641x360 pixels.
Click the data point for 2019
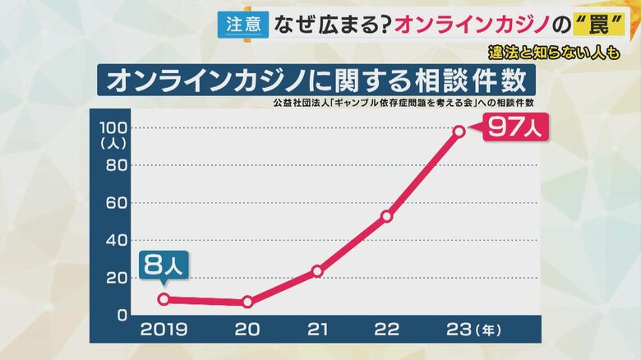(x=164, y=299)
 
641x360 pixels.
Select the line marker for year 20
(x=247, y=302)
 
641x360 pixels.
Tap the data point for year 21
(x=317, y=270)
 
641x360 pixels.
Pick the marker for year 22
(x=387, y=216)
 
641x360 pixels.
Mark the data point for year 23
(x=459, y=131)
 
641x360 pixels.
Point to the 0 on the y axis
(x=122, y=315)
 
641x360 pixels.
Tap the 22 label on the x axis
(x=386, y=330)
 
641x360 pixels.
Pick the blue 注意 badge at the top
(x=242, y=24)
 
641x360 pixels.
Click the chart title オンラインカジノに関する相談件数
(x=316, y=81)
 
